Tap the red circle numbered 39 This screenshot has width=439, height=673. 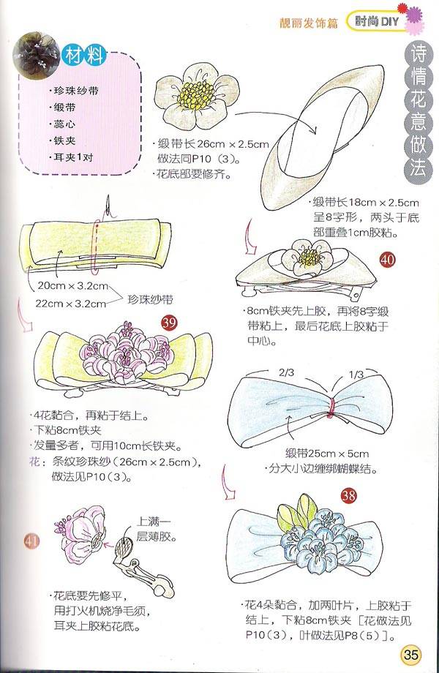point(169,323)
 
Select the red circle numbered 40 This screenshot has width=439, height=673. point(387,260)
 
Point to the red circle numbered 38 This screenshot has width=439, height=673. point(348,496)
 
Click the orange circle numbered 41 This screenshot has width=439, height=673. point(31,541)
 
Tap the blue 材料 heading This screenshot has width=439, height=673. point(84,55)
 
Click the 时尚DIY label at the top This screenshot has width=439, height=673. point(378,21)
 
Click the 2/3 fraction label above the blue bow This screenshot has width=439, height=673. point(286,372)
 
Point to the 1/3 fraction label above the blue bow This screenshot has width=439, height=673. point(356,375)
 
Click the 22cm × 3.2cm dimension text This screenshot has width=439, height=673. point(70,304)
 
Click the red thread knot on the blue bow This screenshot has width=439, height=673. point(331,407)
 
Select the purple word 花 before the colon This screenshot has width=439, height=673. point(35,462)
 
